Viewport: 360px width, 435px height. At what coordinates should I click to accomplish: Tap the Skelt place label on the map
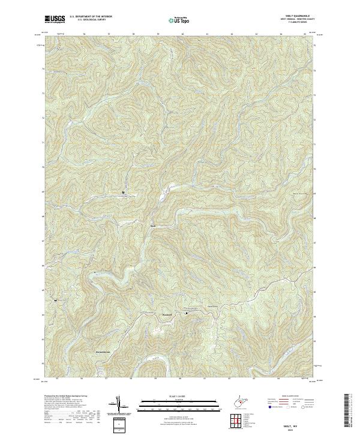pos(152,226)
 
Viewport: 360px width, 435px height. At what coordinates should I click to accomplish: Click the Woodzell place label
pos(167,314)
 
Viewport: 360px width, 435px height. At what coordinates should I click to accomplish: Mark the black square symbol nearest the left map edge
pos(56,299)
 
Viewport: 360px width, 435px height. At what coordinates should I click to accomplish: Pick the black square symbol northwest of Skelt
pos(124,192)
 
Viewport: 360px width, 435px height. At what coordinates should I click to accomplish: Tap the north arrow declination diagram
pos(118,404)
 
